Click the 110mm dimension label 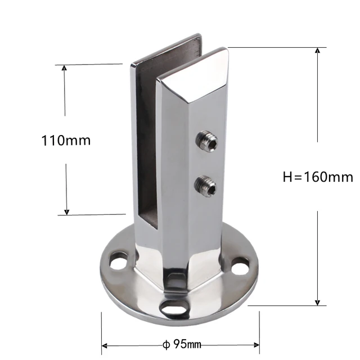point(66,140)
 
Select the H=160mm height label point(317,177)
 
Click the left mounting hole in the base point(119,260)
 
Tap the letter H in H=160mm point(286,177)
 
